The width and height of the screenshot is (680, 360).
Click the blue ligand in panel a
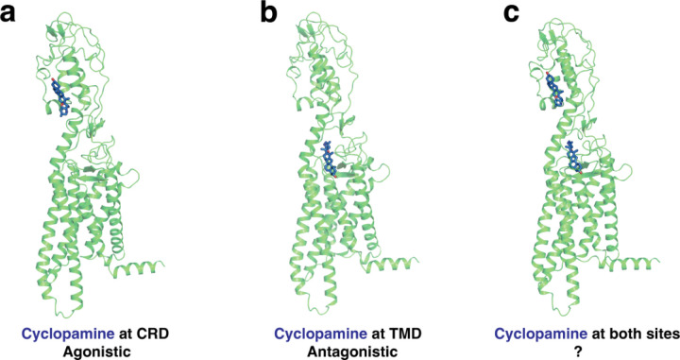pyautogui.click(x=61, y=98)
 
